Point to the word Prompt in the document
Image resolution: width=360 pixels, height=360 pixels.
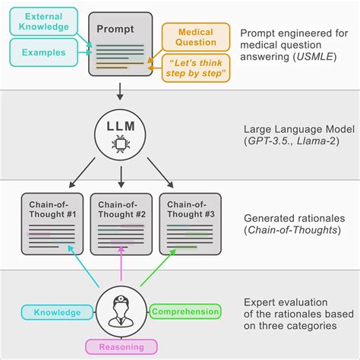coord(114,29)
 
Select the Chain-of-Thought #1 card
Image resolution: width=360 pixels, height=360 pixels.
coord(52,224)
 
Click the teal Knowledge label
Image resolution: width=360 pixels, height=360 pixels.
coord(52,311)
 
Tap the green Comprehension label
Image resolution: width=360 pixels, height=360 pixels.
coord(185,311)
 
